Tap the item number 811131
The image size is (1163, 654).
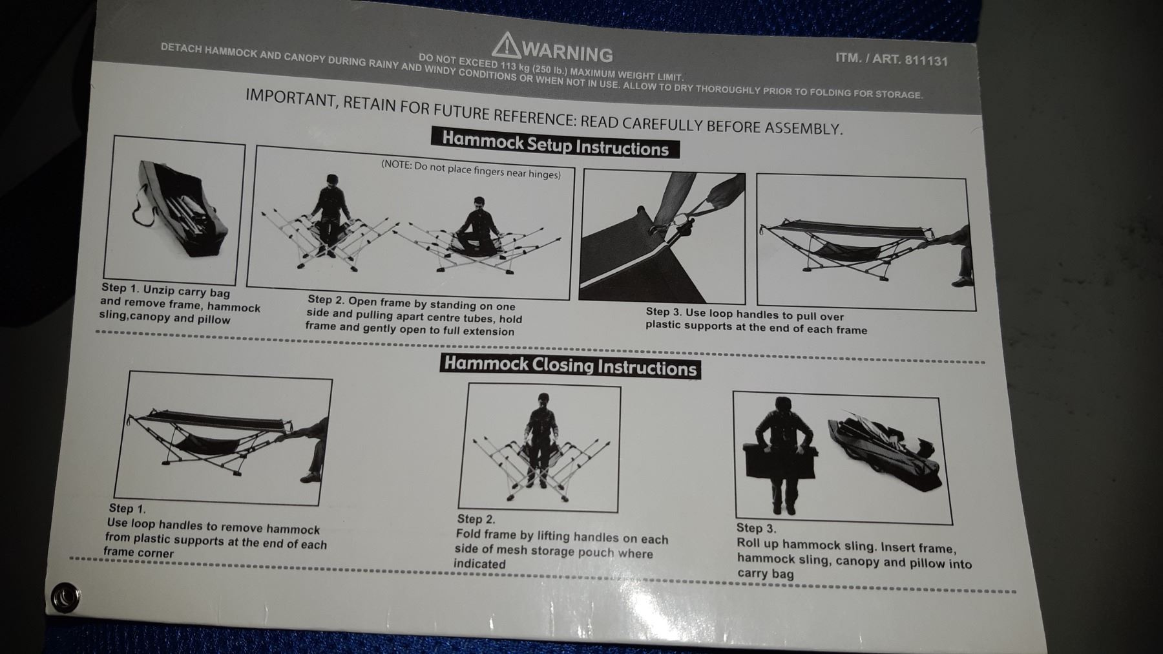[926, 60]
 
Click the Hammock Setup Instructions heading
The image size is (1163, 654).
[555, 143]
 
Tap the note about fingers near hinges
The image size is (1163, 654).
[471, 169]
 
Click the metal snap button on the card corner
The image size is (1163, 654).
[65, 596]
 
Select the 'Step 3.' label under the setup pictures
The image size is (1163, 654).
[664, 311]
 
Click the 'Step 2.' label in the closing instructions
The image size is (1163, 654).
[476, 519]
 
